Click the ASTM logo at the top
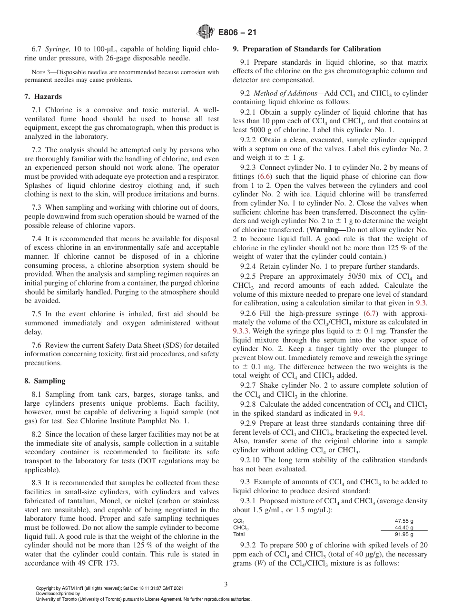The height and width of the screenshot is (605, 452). coord(206,32)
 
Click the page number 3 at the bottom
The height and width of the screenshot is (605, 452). coord(226,584)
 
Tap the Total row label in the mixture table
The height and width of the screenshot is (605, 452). coord(239,534)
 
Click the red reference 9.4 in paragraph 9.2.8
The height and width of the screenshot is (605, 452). coord(358,413)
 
